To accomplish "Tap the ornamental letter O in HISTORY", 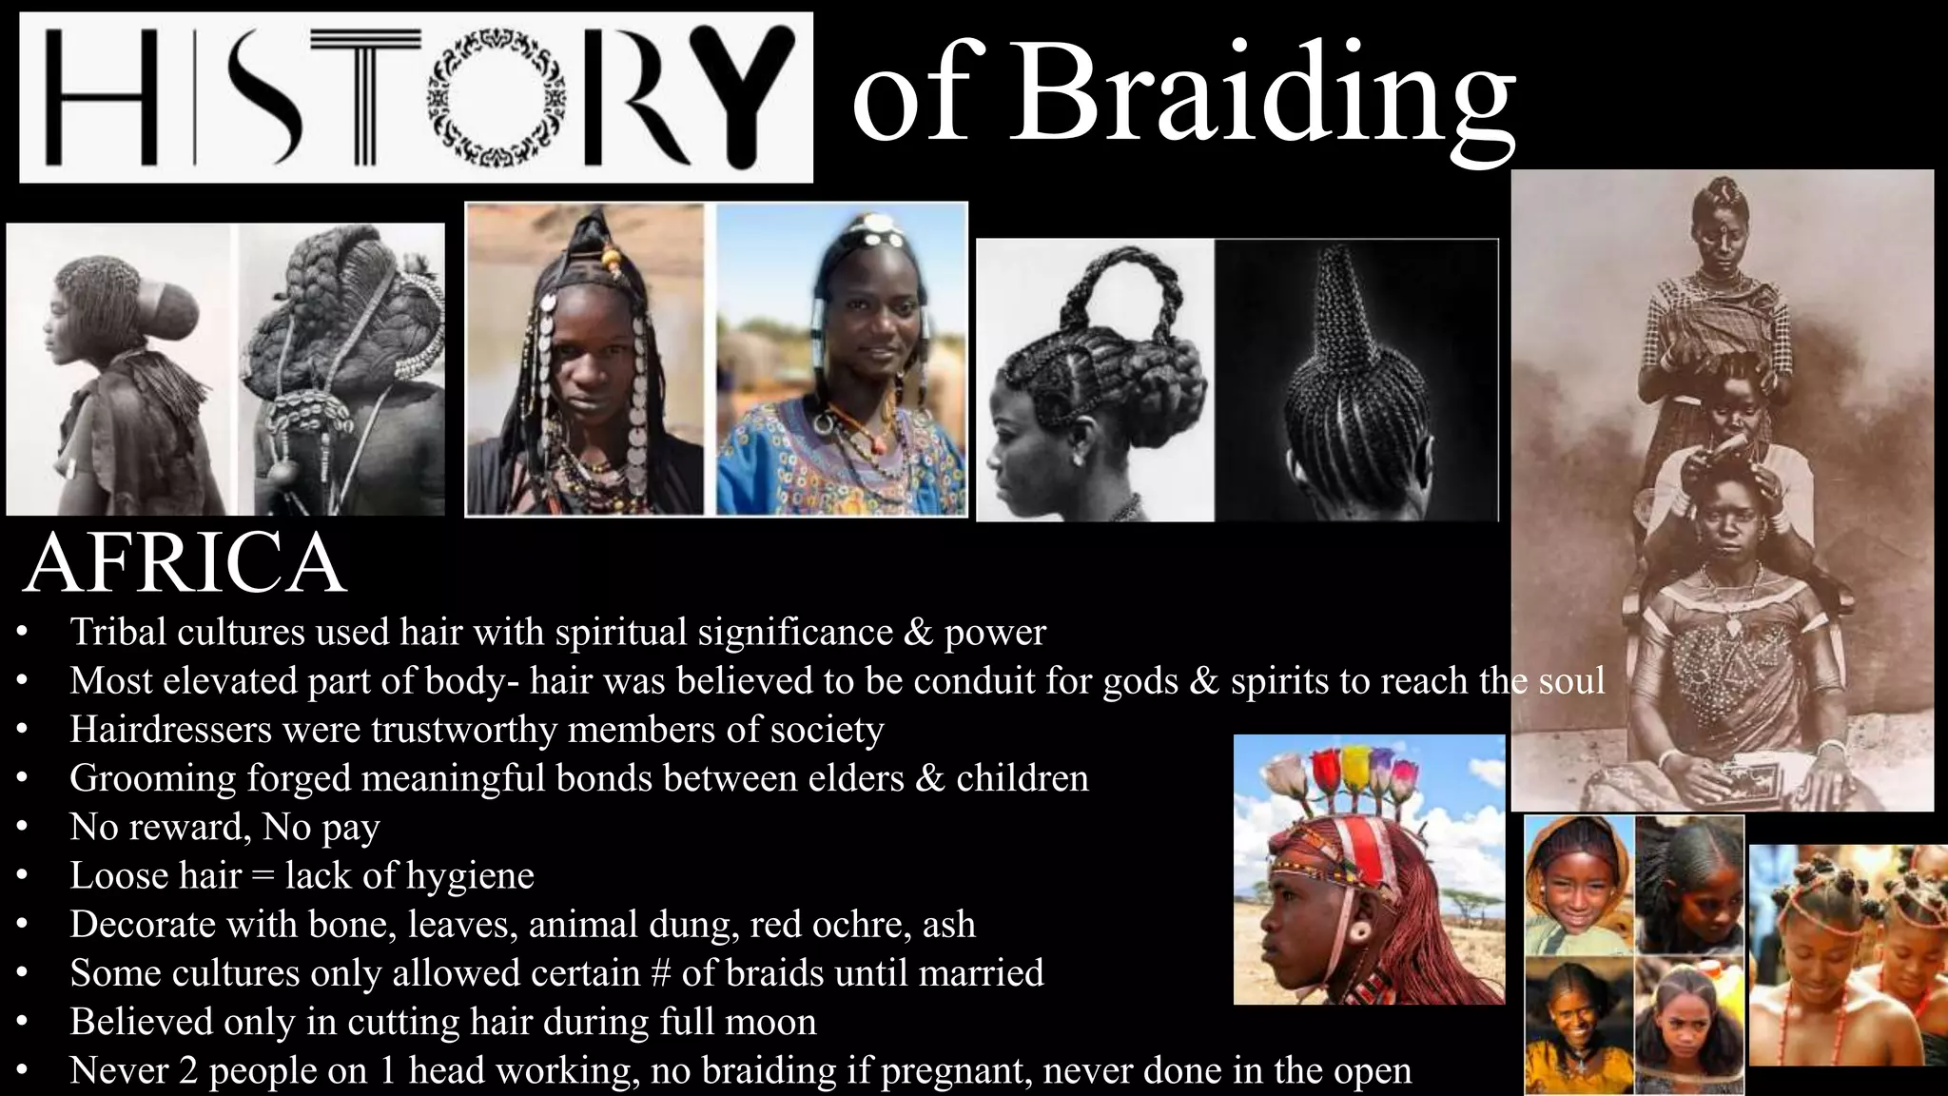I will [497, 98].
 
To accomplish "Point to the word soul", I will [1571, 681].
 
